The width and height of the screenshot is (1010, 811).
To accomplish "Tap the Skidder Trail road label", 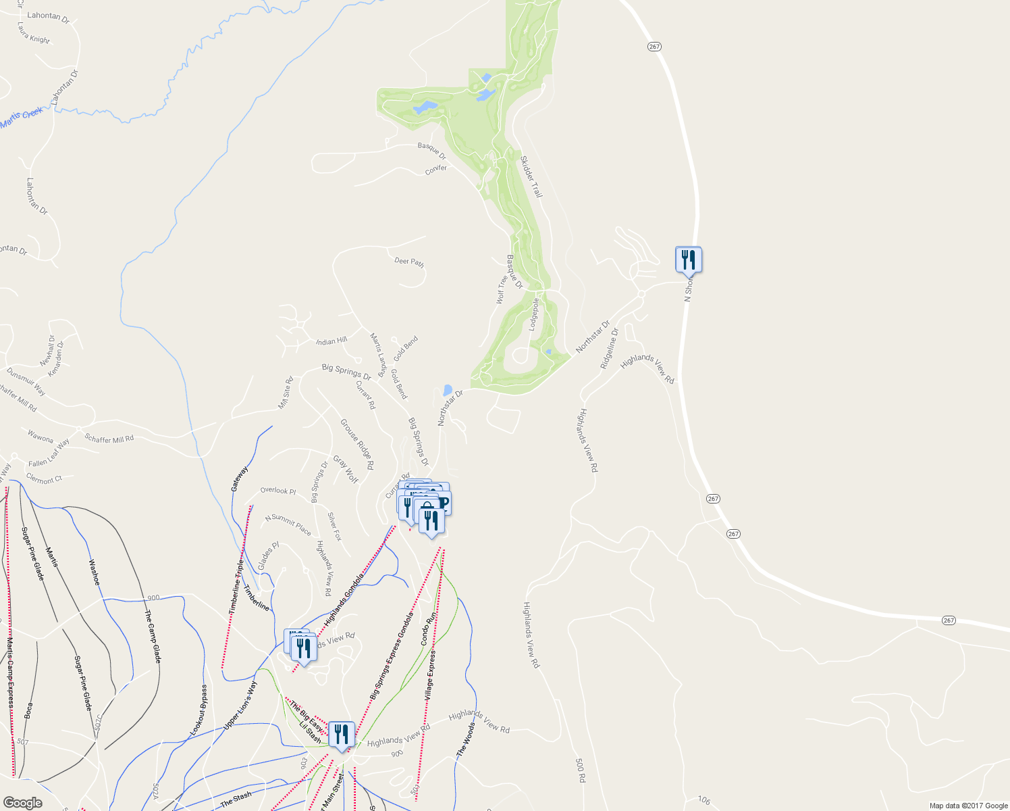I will pyautogui.click(x=531, y=176).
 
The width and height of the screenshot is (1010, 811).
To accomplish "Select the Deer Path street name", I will pyautogui.click(x=409, y=261).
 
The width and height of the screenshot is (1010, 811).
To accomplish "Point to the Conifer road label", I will pyautogui.click(x=436, y=169).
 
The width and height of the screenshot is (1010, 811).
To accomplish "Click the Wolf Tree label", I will pyautogui.click(x=502, y=289).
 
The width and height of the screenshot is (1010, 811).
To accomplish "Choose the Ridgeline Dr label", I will pyautogui.click(x=610, y=349).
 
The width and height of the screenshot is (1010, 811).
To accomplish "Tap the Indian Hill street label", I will pyautogui.click(x=331, y=341).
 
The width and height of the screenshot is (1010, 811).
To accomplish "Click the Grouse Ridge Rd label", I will pyautogui.click(x=356, y=444).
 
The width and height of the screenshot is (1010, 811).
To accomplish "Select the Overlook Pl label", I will pyautogui.click(x=278, y=491).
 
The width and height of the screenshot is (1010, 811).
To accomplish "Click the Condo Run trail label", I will pyautogui.click(x=429, y=629).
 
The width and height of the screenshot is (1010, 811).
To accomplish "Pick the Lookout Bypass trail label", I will pyautogui.click(x=199, y=710).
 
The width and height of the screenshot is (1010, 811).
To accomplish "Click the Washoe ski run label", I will pyautogui.click(x=95, y=572).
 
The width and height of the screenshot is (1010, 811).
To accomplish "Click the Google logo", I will pyautogui.click(x=23, y=803).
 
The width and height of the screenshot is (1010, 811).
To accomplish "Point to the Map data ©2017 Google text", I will pyautogui.click(x=968, y=806).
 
